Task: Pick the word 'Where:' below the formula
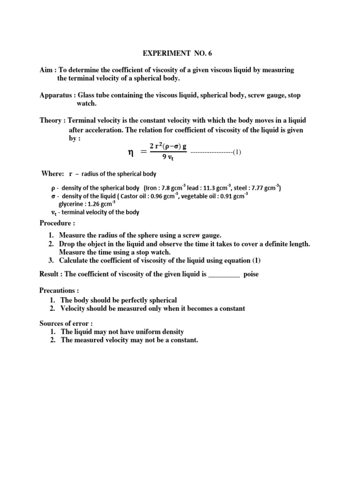point(53,174)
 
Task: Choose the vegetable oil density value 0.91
point(225,196)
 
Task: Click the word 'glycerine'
point(72,204)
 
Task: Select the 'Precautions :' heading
point(60,291)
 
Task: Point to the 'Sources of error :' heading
point(66,323)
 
